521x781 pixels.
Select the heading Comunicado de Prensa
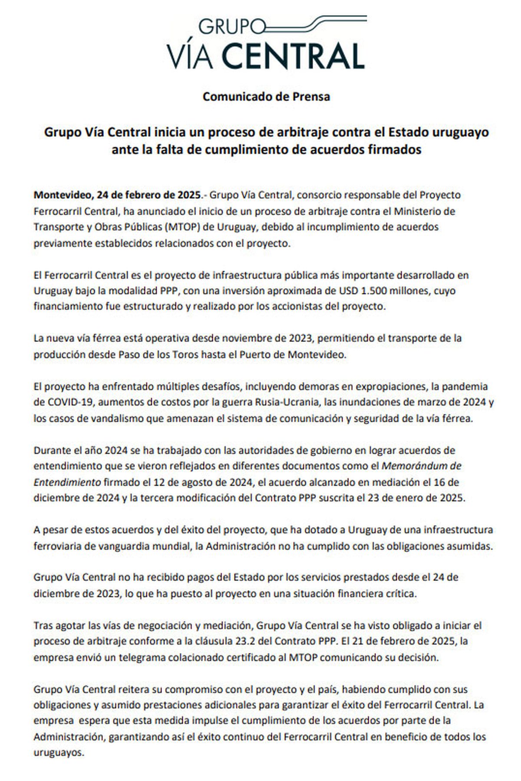coord(266,96)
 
